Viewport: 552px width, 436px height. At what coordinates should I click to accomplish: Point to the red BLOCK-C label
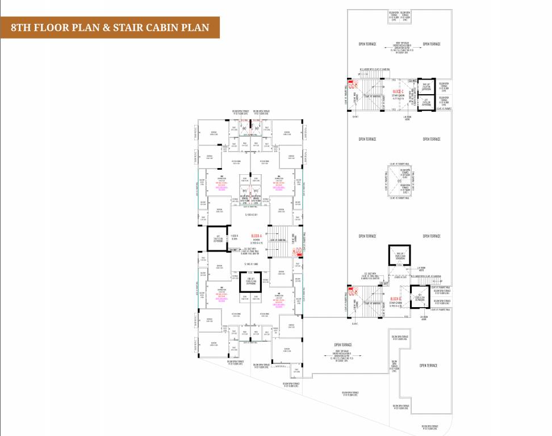(x=398, y=90)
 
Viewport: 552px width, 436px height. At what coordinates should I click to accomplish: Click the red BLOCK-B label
(x=396, y=299)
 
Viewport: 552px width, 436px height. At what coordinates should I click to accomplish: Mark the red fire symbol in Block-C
(x=352, y=87)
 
